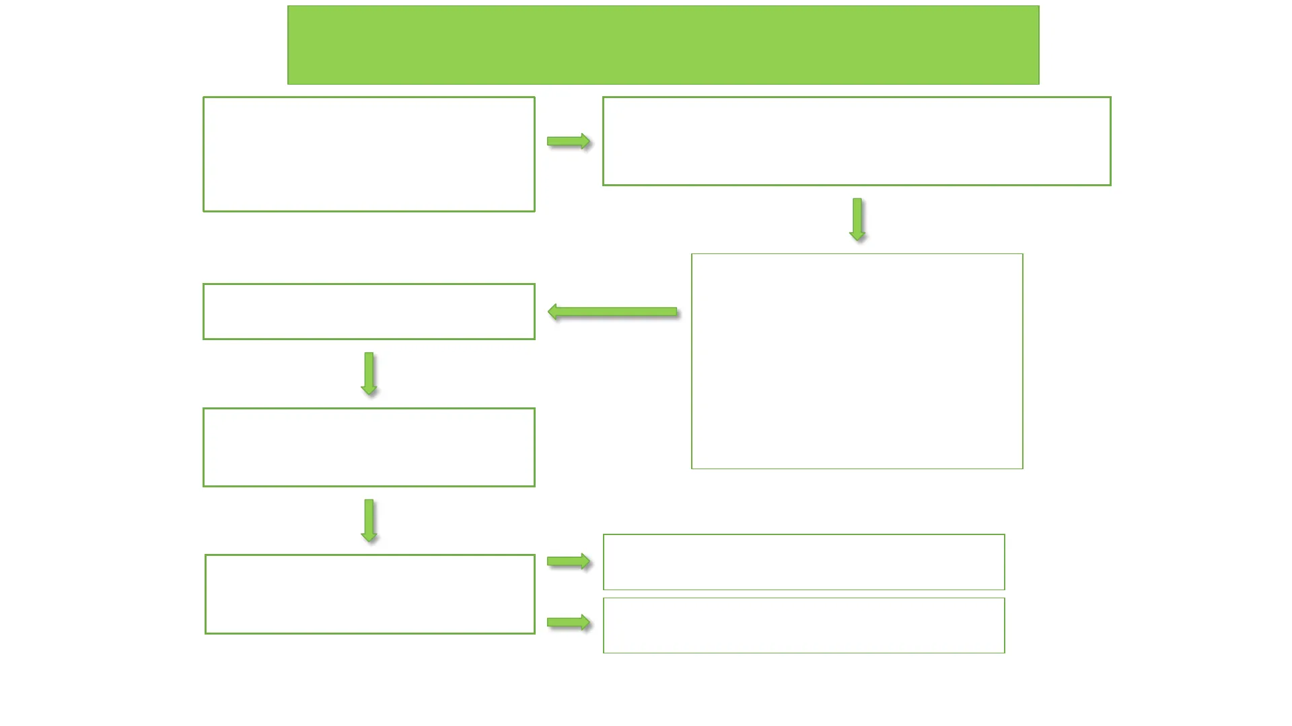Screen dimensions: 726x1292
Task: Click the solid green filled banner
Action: coord(663,45)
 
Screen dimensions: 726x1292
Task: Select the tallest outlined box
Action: coord(857,361)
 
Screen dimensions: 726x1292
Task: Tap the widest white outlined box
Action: coord(856,141)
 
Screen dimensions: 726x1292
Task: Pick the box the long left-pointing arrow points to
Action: coord(369,311)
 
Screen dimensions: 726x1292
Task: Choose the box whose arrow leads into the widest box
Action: coord(369,154)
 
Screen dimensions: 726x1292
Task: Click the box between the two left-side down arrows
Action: coord(369,447)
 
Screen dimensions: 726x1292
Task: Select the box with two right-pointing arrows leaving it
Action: coord(369,594)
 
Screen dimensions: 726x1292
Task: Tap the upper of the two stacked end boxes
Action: coord(803,562)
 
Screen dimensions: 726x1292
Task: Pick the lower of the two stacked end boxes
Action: coord(803,625)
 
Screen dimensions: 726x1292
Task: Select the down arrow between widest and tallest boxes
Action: coord(857,219)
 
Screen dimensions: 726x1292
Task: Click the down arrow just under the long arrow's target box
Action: coord(369,373)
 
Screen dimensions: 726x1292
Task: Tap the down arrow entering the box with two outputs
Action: coord(369,520)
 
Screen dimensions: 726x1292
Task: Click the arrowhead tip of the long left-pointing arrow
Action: coord(550,312)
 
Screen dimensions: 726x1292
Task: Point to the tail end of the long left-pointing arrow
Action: coord(676,312)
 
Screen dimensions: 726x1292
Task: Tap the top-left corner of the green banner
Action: coord(289,7)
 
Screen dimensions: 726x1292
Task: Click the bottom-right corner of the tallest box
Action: coord(1022,468)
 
